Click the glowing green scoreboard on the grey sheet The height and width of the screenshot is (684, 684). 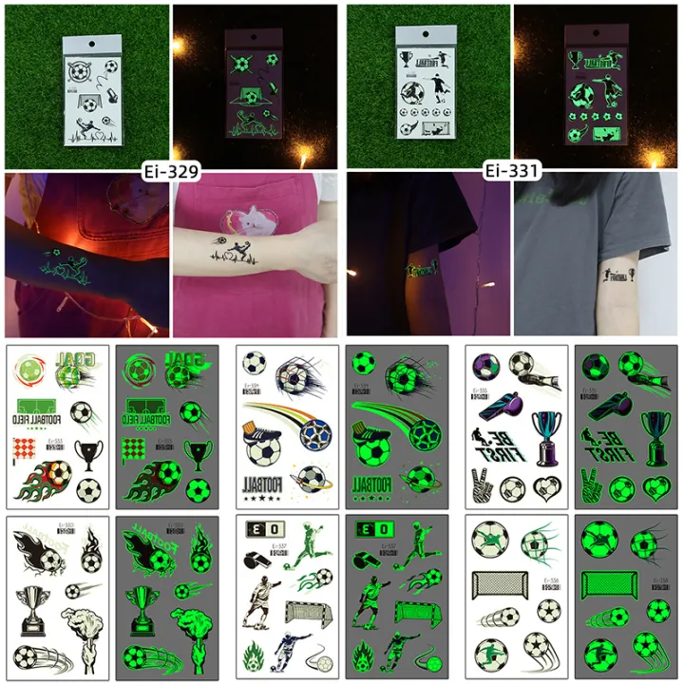click(370, 529)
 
